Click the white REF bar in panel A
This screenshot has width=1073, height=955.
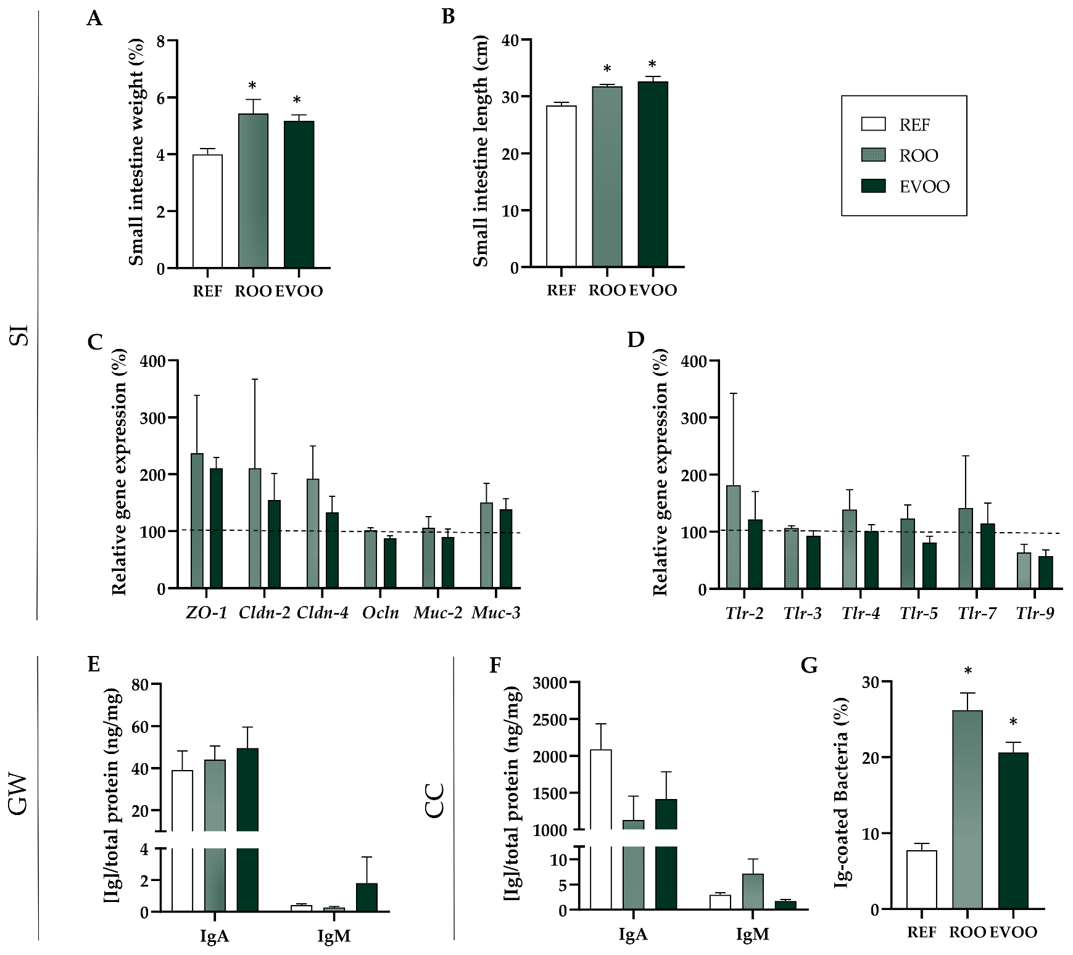207,211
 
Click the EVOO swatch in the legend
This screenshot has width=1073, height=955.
873,186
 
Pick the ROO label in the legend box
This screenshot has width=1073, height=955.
918,155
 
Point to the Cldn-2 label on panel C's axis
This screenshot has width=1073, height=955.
264,613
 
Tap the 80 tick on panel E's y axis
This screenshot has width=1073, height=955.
140,684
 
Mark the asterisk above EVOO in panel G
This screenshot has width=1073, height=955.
1013,723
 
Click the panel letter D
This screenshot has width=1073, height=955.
636,340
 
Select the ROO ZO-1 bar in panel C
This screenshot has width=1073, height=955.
197,520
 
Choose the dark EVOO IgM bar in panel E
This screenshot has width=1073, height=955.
367,897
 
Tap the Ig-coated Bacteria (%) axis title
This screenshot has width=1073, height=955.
842,793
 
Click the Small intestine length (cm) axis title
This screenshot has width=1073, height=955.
481,151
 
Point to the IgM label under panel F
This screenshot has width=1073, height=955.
753,935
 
